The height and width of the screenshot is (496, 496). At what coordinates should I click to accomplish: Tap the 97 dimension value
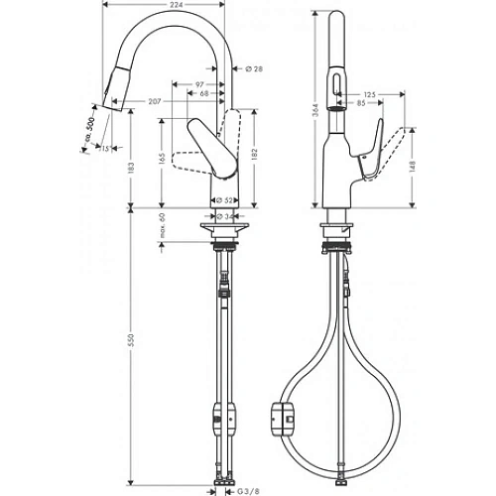tap(200, 84)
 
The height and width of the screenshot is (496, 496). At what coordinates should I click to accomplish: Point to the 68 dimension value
tap(203, 94)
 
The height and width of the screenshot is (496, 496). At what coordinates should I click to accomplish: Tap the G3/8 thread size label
tap(242, 488)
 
